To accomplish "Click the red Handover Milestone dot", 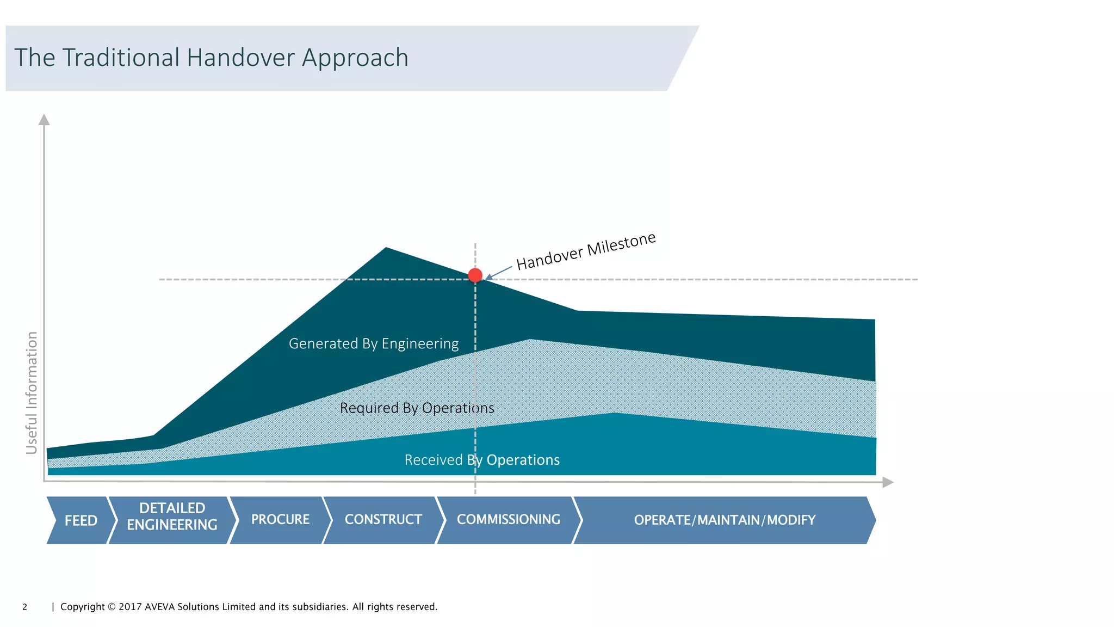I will tap(475, 275).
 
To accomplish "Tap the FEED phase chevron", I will tap(81, 520).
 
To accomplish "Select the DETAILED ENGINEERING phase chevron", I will tap(172, 517).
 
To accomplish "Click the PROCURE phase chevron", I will tap(280, 520).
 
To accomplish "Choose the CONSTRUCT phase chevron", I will tap(383, 520).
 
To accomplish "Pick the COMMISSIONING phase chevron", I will tap(508, 520).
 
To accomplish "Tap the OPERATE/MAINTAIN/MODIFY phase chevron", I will tap(725, 520).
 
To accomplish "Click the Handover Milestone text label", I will tap(586, 251).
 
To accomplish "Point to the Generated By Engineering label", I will tap(374, 344).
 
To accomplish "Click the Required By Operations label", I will tap(417, 408).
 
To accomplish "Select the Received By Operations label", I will tap(482, 460).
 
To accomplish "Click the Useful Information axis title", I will tap(32, 393).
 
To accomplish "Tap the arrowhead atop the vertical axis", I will tap(44, 119).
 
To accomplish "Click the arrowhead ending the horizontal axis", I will tap(888, 482).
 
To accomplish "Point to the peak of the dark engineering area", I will tap(386, 249).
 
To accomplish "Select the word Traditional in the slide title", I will tap(121, 58).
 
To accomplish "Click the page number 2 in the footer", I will tap(24, 607).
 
